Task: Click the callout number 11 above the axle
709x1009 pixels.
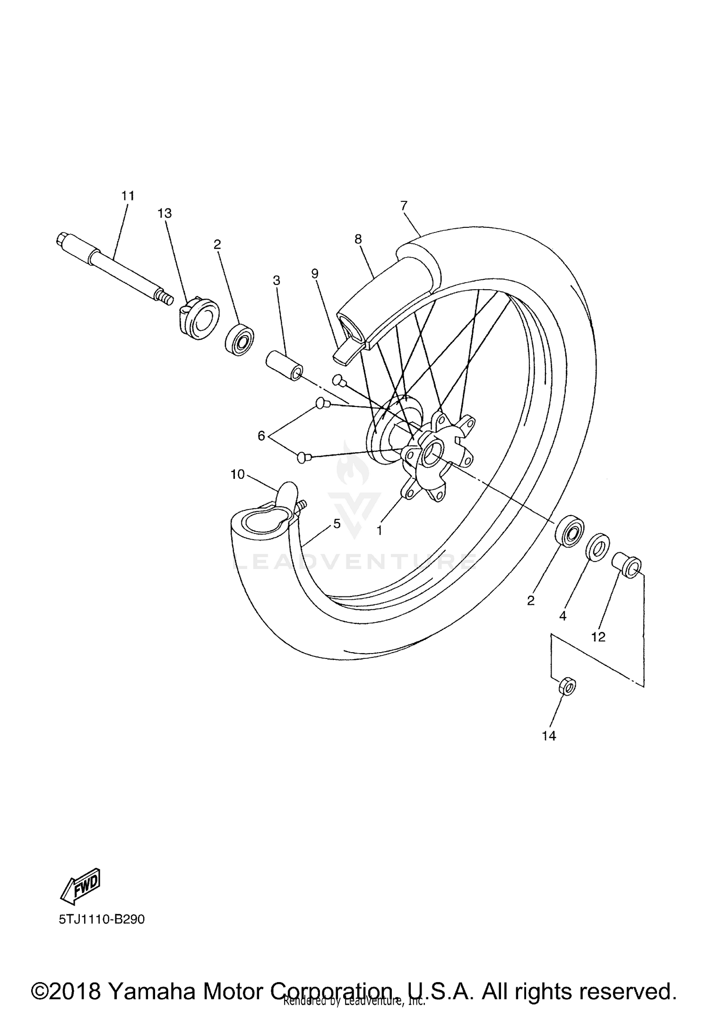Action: click(x=128, y=196)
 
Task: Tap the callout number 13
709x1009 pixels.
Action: click(x=164, y=214)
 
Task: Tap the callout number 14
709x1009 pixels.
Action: click(x=549, y=736)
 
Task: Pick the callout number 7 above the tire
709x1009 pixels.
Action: click(x=404, y=206)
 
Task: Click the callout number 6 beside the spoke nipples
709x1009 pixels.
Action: click(x=261, y=436)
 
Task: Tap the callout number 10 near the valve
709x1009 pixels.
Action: click(x=238, y=474)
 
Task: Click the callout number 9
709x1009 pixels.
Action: click(x=315, y=273)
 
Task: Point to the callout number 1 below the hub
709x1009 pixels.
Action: click(x=379, y=531)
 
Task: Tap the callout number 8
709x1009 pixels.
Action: click(x=358, y=239)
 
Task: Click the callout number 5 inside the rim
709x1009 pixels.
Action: click(x=337, y=523)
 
